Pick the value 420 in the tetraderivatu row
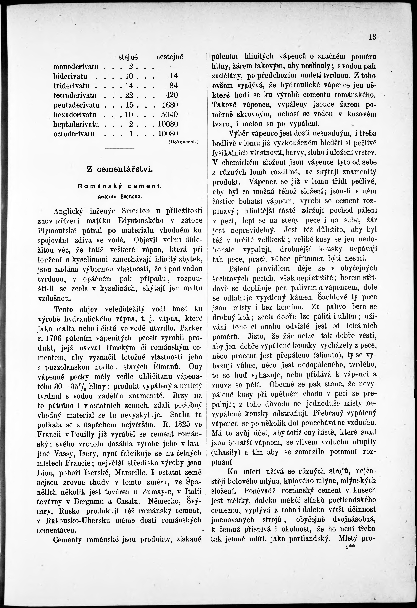tap(172, 95)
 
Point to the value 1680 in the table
tap(170, 105)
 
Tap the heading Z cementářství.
tap(119, 169)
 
